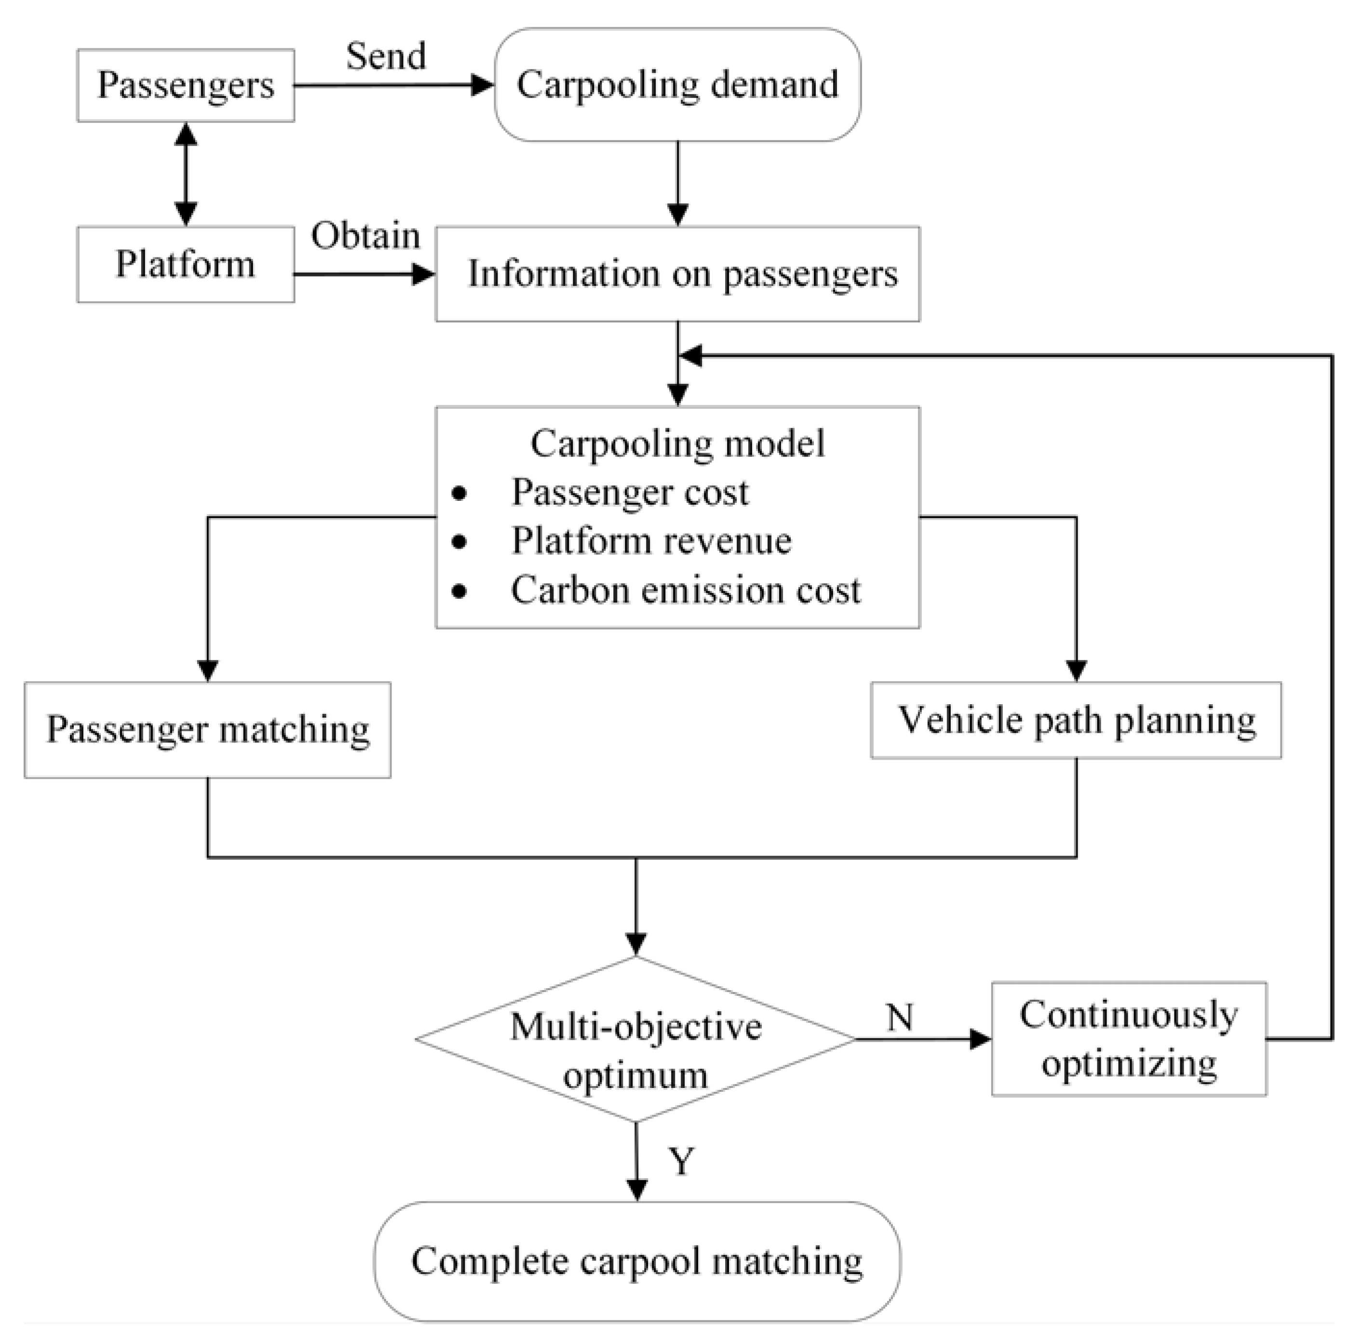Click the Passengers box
point(186,85)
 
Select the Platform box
point(186,264)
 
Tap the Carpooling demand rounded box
point(677,84)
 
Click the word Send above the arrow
point(386,56)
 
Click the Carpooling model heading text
point(677,443)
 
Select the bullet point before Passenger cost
point(459,494)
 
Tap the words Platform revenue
point(651,541)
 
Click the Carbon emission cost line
point(685,590)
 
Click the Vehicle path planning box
point(1076,720)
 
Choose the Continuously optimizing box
point(1128,1038)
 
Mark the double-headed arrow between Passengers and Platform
point(186,174)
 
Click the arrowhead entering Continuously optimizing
point(981,1039)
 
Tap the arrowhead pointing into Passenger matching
point(207,671)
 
